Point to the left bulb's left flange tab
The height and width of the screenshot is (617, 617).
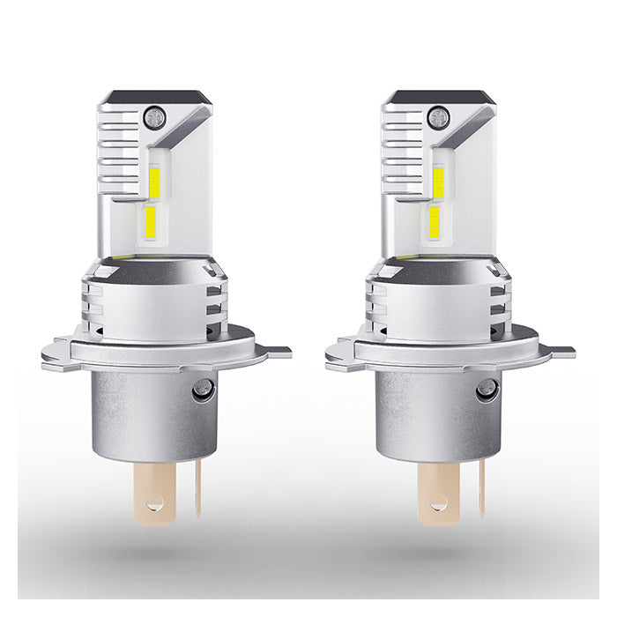point(55,352)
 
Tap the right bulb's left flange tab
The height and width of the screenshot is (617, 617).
point(338,352)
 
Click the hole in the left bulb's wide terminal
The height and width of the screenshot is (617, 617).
point(155,505)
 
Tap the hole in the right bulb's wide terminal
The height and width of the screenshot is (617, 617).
point(439,505)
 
